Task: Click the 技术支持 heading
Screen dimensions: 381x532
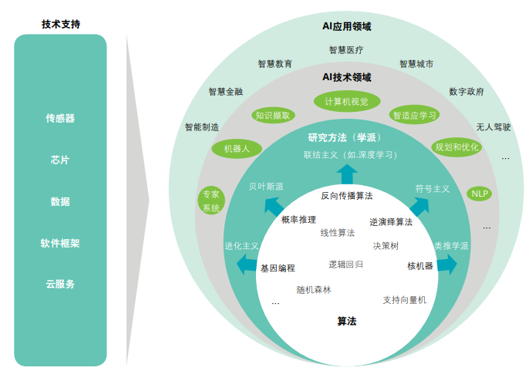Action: pos(61,24)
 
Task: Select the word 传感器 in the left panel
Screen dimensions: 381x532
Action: pos(60,119)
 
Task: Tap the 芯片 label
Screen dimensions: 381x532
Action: pos(60,160)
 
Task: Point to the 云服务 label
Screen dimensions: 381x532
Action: pos(60,284)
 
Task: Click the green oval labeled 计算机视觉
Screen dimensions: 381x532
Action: pos(346,101)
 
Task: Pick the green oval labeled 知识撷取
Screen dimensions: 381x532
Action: pos(273,116)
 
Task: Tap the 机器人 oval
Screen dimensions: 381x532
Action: pos(237,148)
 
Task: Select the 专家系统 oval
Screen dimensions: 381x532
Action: pos(210,201)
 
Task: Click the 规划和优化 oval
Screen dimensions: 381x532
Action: pos(457,147)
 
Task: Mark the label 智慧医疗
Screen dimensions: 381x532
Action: pos(346,50)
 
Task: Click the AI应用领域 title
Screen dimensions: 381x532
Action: pos(346,26)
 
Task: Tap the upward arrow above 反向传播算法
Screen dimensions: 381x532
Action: pos(347,174)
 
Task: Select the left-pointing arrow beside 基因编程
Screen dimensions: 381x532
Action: pos(246,265)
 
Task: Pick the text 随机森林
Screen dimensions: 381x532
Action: pos(314,290)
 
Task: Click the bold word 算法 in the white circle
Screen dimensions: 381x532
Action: pos(347,322)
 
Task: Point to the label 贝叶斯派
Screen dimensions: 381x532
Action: pos(266,187)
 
